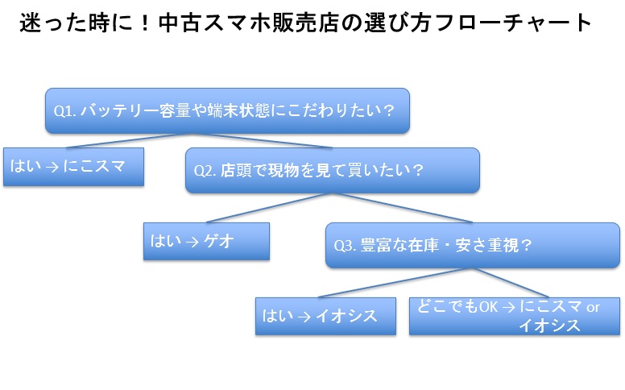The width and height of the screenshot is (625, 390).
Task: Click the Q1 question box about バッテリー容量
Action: click(227, 111)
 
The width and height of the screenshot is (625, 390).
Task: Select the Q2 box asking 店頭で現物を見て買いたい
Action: click(333, 170)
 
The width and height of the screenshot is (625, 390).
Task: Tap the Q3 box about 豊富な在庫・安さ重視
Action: click(473, 245)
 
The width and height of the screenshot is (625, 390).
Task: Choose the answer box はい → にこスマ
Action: click(73, 167)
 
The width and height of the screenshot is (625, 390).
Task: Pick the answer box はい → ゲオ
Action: click(206, 241)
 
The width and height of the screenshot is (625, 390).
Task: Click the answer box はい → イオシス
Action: click(325, 316)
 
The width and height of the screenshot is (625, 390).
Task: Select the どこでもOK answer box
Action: click(515, 316)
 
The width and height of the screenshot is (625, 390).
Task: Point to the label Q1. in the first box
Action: click(65, 111)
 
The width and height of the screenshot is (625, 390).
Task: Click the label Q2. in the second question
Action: click(205, 171)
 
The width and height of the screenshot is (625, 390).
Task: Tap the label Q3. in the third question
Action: click(345, 246)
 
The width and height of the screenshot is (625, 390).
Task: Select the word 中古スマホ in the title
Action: click(214, 23)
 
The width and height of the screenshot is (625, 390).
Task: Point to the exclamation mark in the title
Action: click(145, 23)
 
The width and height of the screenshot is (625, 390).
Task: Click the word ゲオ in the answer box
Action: click(218, 241)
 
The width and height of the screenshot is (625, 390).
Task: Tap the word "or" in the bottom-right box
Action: click(593, 308)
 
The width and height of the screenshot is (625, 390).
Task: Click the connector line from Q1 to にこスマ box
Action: click(127, 141)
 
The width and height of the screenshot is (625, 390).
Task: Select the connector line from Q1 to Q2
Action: click(260, 141)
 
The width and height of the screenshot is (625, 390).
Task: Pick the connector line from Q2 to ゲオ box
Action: click(269, 208)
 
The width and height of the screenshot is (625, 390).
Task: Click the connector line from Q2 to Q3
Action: click(402, 208)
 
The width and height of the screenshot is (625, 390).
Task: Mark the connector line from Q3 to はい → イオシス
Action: click(395, 283)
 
